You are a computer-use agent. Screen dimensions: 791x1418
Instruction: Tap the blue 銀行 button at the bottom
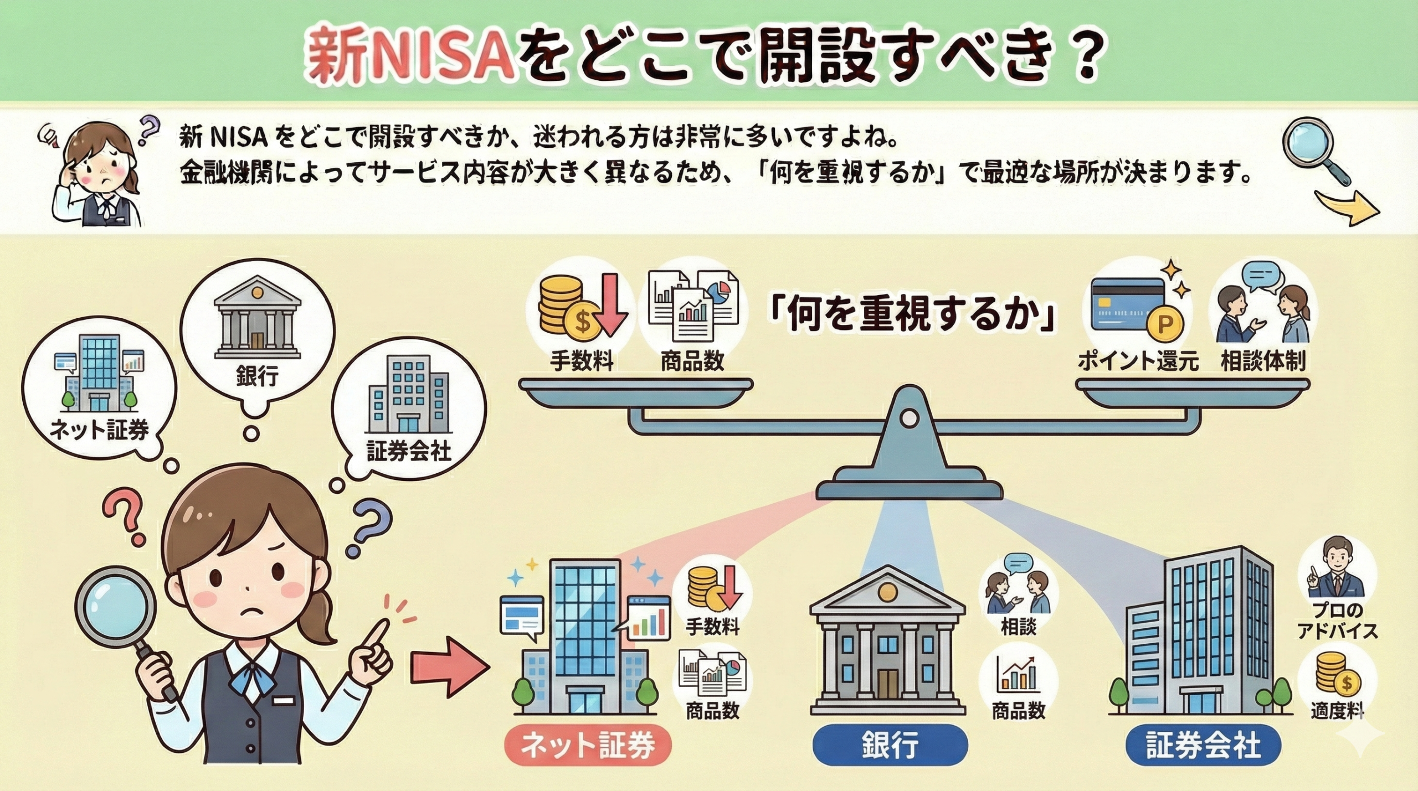coord(890,746)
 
